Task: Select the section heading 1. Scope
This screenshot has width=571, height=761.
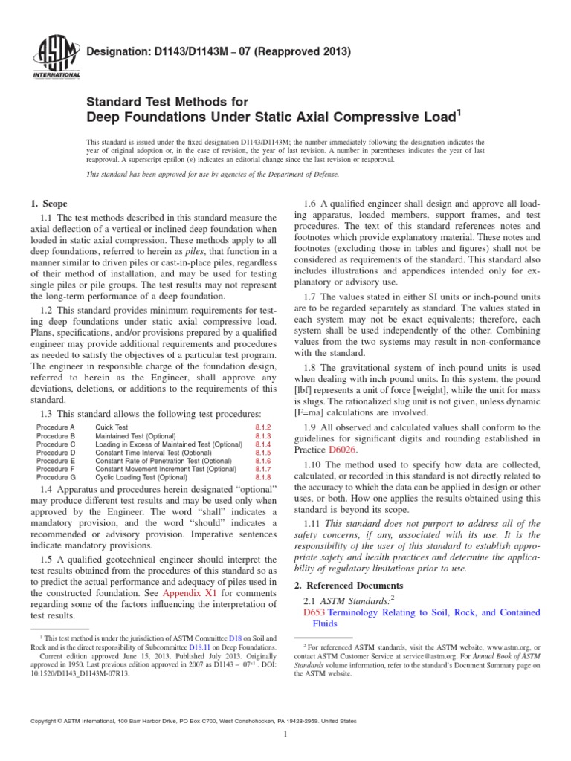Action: tap(48, 203)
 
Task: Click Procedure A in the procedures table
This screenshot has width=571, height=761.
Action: tap(57, 427)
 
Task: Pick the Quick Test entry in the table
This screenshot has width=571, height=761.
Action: tap(112, 427)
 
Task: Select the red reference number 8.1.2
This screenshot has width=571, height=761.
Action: tap(262, 427)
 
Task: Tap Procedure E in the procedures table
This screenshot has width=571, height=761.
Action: tap(57, 461)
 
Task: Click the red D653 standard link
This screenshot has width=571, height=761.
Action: tap(315, 612)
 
